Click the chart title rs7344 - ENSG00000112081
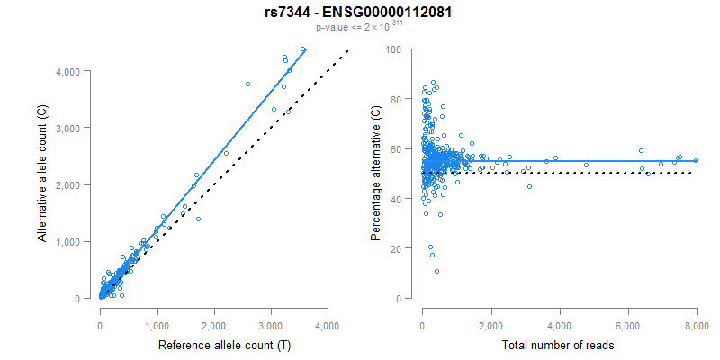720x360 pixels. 359,13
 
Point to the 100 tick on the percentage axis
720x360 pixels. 393,49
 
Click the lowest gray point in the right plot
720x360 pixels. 436,272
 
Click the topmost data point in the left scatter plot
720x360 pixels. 303,49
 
